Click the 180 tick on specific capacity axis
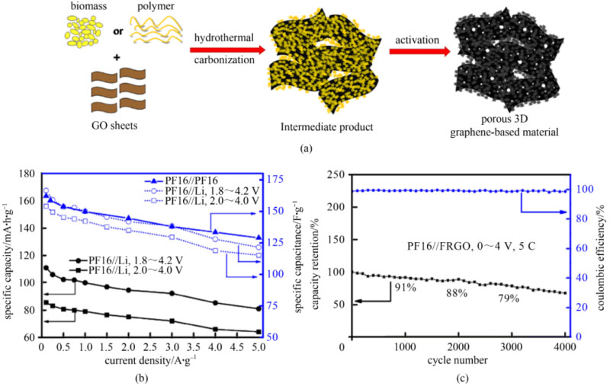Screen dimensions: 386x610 (27, 174)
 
